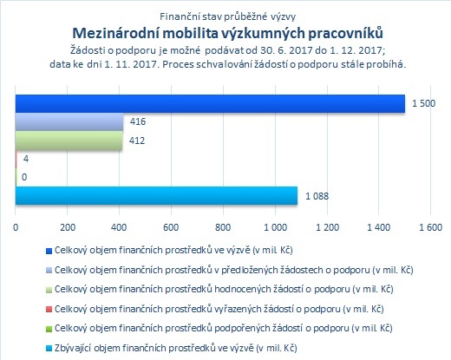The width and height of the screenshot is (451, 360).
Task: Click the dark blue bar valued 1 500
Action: pos(210,103)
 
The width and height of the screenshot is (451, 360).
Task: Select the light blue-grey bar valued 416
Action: pos(69,121)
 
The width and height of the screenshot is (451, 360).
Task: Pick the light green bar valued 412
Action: pos(69,141)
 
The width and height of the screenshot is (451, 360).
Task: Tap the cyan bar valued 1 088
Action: pos(156,196)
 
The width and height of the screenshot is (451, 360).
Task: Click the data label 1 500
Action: pos(423,103)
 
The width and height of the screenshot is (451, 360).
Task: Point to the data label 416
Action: pos(138,121)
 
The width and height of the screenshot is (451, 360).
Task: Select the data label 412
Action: pos(137,141)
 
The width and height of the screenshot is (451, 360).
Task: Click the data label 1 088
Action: pos(317,196)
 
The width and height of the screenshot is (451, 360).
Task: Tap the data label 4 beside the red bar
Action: pos(26,159)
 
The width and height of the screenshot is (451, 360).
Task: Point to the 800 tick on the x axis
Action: pos(223,227)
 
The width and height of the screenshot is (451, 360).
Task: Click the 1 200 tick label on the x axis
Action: pos(327,227)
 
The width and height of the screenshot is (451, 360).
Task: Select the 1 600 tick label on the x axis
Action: pos(430,227)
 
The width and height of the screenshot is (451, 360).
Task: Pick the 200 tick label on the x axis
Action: pos(68,227)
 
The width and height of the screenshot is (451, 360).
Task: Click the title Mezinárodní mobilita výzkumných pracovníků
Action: pos(227,33)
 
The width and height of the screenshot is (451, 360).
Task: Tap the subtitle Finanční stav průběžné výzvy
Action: pos(227,16)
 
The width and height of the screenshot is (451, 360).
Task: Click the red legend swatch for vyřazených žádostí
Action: pos(49,309)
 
